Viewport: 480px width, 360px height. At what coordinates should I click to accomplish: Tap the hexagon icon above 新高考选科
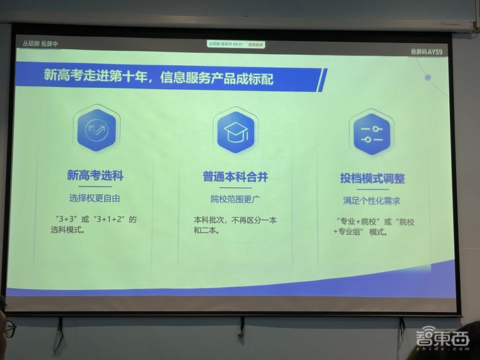96,130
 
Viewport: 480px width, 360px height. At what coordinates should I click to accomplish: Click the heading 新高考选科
95,176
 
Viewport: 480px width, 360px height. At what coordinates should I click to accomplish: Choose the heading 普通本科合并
235,177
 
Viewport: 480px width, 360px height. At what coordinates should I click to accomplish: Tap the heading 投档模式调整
372,179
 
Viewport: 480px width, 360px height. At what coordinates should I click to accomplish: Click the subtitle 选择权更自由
95,197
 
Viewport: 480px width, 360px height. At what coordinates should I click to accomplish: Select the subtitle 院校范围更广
235,200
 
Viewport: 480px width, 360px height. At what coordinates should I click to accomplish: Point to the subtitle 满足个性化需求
372,202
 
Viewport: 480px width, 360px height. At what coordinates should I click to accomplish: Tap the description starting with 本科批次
234,221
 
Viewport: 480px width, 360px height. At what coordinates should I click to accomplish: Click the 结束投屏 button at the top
255,45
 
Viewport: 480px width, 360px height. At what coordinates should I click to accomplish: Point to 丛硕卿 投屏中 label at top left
40,43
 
